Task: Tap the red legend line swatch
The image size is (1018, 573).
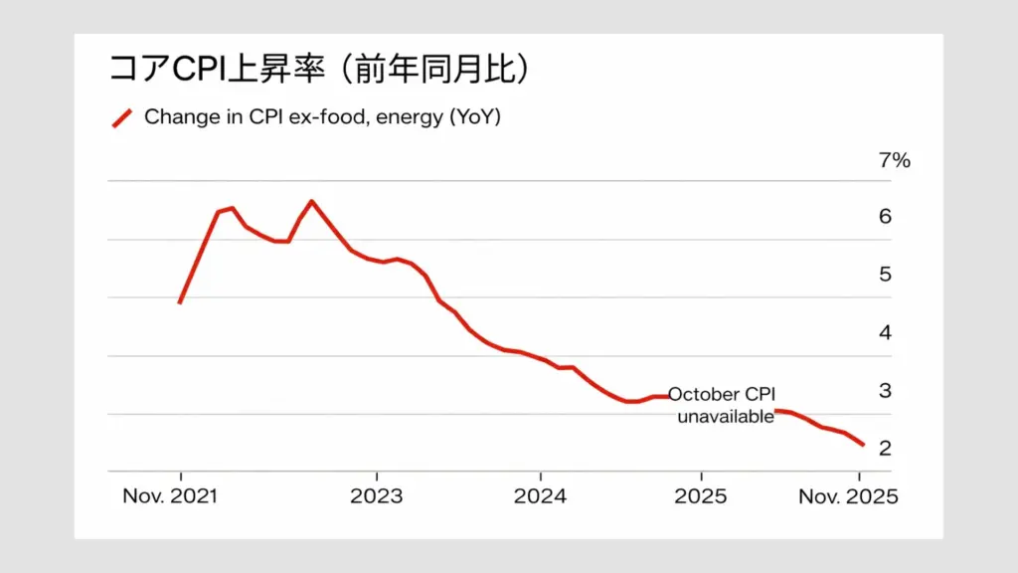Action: point(121,117)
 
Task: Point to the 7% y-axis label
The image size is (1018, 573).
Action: point(894,160)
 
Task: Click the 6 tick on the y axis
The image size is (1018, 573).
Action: point(885,217)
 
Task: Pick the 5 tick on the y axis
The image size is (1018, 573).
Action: point(885,275)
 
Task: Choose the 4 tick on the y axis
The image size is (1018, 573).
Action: point(885,333)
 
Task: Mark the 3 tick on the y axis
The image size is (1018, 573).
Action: point(885,391)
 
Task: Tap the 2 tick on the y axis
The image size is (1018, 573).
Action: point(885,449)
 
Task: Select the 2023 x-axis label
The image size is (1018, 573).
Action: point(377,496)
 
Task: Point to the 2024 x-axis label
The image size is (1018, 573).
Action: point(540,496)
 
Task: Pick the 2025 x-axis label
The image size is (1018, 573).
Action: point(701,496)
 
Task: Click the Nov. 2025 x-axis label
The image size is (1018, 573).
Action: point(848,496)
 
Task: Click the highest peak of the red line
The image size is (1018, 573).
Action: point(311,202)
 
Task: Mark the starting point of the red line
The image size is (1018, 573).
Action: point(180,302)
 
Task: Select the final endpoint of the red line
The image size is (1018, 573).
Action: point(862,445)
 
